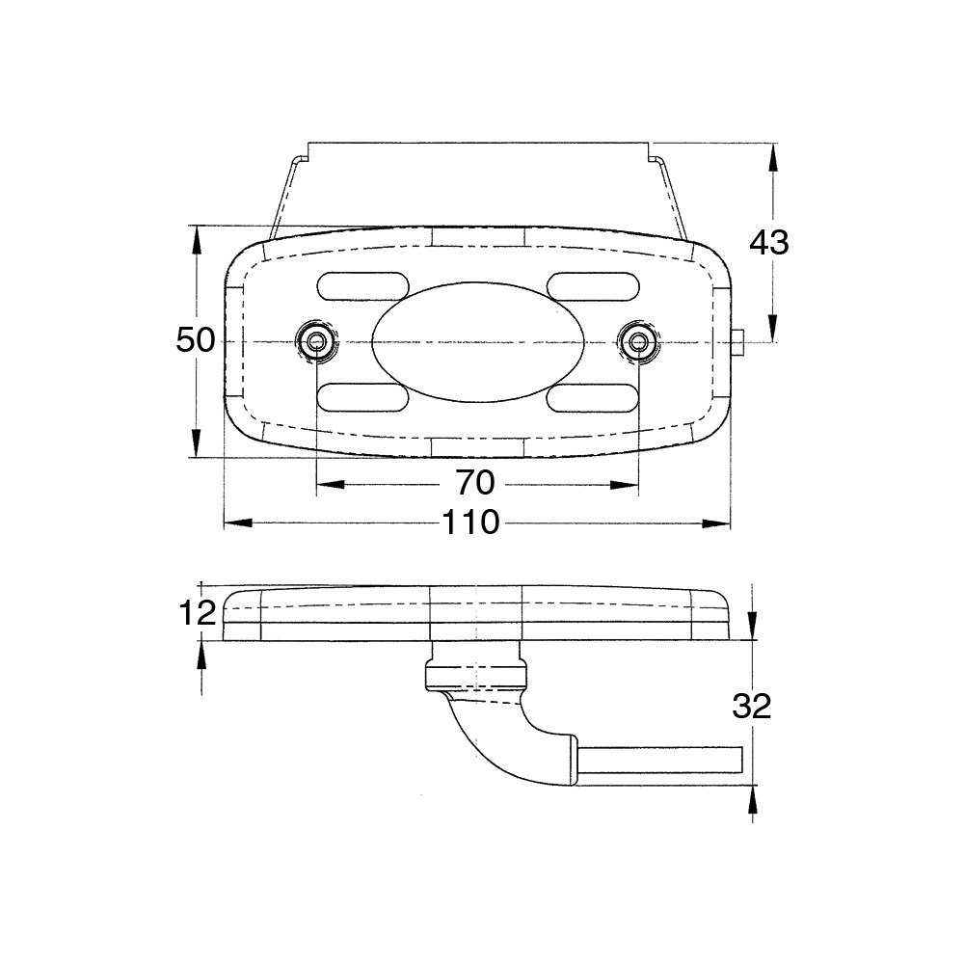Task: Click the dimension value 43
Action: click(x=768, y=243)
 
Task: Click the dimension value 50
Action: click(x=196, y=340)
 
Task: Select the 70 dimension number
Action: click(x=475, y=483)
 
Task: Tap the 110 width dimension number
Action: click(x=471, y=522)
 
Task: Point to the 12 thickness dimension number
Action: click(x=198, y=613)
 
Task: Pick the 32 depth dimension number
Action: click(x=751, y=707)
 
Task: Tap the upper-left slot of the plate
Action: click(x=363, y=286)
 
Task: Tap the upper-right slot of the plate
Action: click(x=593, y=286)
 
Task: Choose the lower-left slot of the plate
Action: click(x=363, y=398)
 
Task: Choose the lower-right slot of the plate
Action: click(x=593, y=398)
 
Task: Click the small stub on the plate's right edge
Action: click(x=738, y=342)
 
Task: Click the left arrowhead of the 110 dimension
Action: click(x=238, y=523)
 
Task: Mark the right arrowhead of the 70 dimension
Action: click(x=625, y=485)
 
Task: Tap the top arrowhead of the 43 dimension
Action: click(x=773, y=158)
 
